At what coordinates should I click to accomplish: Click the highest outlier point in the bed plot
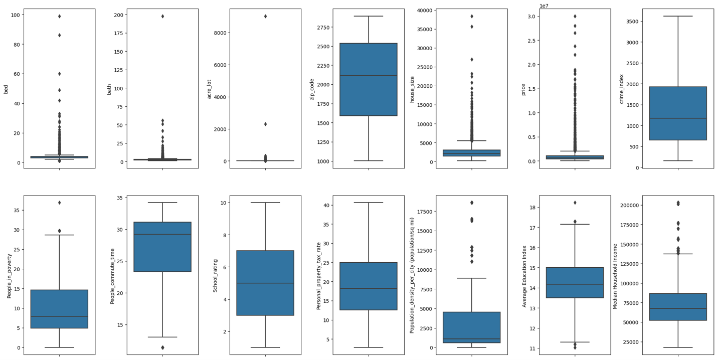tap(59, 16)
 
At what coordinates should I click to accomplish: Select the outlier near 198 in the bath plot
tap(162, 16)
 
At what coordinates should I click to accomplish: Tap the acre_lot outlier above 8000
tap(265, 16)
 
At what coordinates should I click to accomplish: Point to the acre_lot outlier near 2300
tap(265, 124)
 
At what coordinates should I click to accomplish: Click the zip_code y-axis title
tap(312, 89)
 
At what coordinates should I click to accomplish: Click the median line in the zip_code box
tap(369, 75)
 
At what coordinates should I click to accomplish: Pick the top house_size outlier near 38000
tap(472, 16)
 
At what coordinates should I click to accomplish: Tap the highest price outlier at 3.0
tap(575, 16)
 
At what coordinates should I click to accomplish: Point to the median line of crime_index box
tap(678, 118)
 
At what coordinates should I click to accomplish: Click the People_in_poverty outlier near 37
tap(59, 203)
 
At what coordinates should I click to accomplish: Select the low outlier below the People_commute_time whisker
tap(162, 347)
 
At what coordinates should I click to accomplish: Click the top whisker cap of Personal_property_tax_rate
tap(369, 203)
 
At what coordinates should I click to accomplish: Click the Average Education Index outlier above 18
tap(575, 203)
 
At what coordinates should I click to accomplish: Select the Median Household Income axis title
tap(615, 275)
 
